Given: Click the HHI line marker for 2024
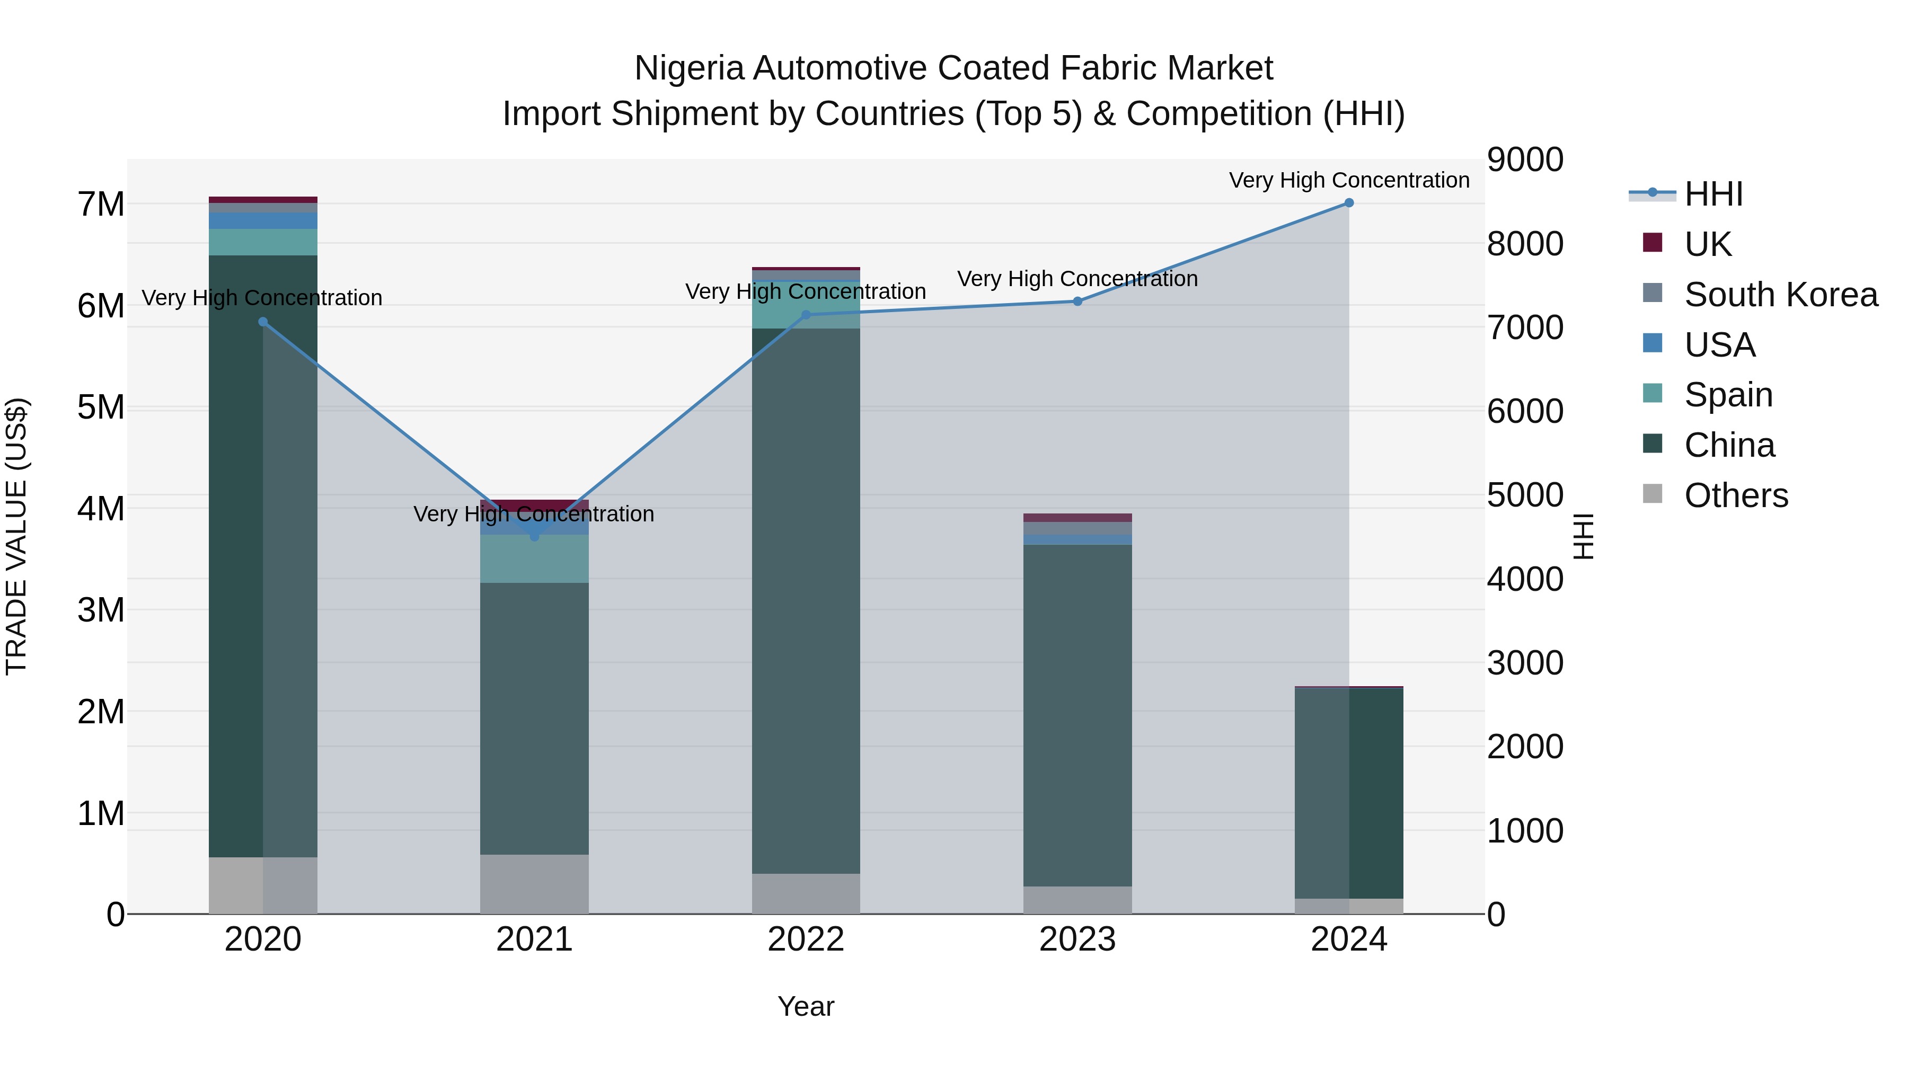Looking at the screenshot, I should (1349, 203).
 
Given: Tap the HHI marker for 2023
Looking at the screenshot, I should (1077, 301).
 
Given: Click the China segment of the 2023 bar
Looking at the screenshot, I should (1077, 715).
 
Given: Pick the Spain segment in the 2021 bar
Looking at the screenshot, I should (534, 559).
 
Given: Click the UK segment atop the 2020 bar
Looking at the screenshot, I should (263, 200).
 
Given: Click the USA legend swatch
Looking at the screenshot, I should (1653, 343).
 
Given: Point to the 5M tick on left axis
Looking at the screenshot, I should (101, 407).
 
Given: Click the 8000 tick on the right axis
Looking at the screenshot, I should (1524, 244).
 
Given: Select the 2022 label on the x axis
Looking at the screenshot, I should (806, 939).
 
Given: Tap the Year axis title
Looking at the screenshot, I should (806, 1006).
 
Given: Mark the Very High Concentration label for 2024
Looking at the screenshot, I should (1349, 180).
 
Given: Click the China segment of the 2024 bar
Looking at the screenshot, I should (1349, 792).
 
